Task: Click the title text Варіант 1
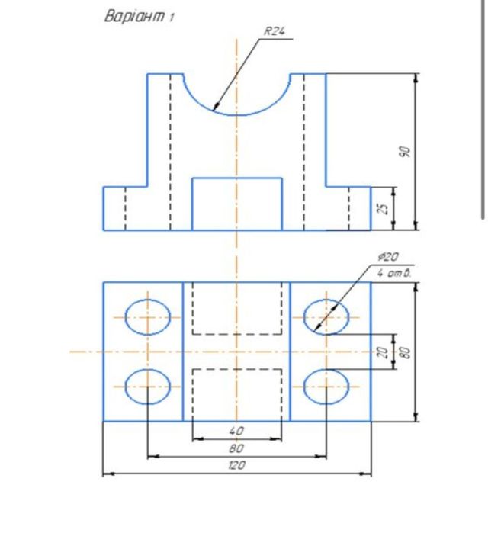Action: tap(138, 17)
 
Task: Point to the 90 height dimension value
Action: tap(406, 152)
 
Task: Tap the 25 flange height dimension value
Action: tap(386, 207)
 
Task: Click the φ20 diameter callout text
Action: tap(387, 257)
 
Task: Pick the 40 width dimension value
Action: tap(236, 432)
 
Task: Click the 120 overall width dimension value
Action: tap(236, 465)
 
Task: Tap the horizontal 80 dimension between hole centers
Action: tap(236, 448)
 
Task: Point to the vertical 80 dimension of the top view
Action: tap(406, 352)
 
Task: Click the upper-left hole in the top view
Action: tap(147, 316)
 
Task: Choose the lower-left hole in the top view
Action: tap(147, 387)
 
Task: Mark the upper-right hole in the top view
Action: tap(326, 316)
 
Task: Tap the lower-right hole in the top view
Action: tap(326, 387)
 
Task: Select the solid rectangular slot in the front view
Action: tap(236, 204)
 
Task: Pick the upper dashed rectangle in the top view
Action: tap(236, 308)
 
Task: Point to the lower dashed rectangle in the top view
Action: tap(236, 394)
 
